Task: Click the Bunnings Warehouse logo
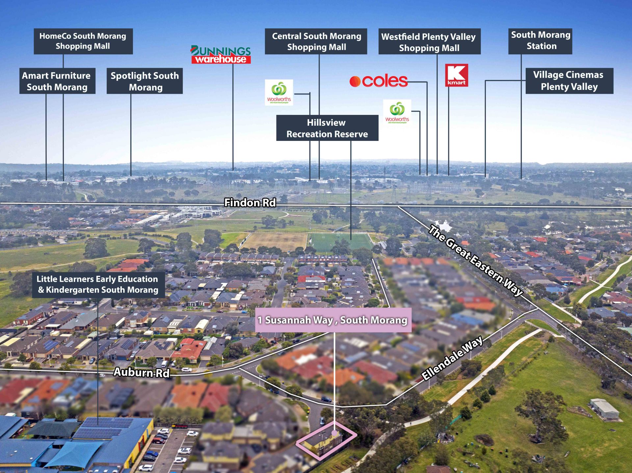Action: pyautogui.click(x=221, y=55)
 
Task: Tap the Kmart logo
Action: pyautogui.click(x=457, y=75)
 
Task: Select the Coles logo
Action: pyautogui.click(x=379, y=81)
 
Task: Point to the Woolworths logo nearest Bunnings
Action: pyautogui.click(x=279, y=92)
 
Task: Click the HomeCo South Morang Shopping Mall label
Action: pyautogui.click(x=83, y=41)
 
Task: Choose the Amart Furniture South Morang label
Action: pyautogui.click(x=57, y=81)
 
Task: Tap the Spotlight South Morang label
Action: pyautogui.click(x=145, y=81)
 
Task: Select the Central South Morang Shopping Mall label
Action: pyautogui.click(x=316, y=41)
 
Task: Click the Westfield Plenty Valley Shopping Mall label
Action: pyautogui.click(x=430, y=41)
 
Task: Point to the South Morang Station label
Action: pyautogui.click(x=540, y=41)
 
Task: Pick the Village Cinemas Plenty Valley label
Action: pyautogui.click(x=569, y=81)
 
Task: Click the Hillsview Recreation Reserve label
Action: pyautogui.click(x=327, y=128)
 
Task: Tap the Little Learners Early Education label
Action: pyautogui.click(x=98, y=285)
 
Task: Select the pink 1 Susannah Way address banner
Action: pyautogui.click(x=333, y=320)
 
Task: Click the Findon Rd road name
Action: pyautogui.click(x=250, y=203)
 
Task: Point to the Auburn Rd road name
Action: pyautogui.click(x=142, y=372)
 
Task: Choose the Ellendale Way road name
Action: pyautogui.click(x=452, y=358)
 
